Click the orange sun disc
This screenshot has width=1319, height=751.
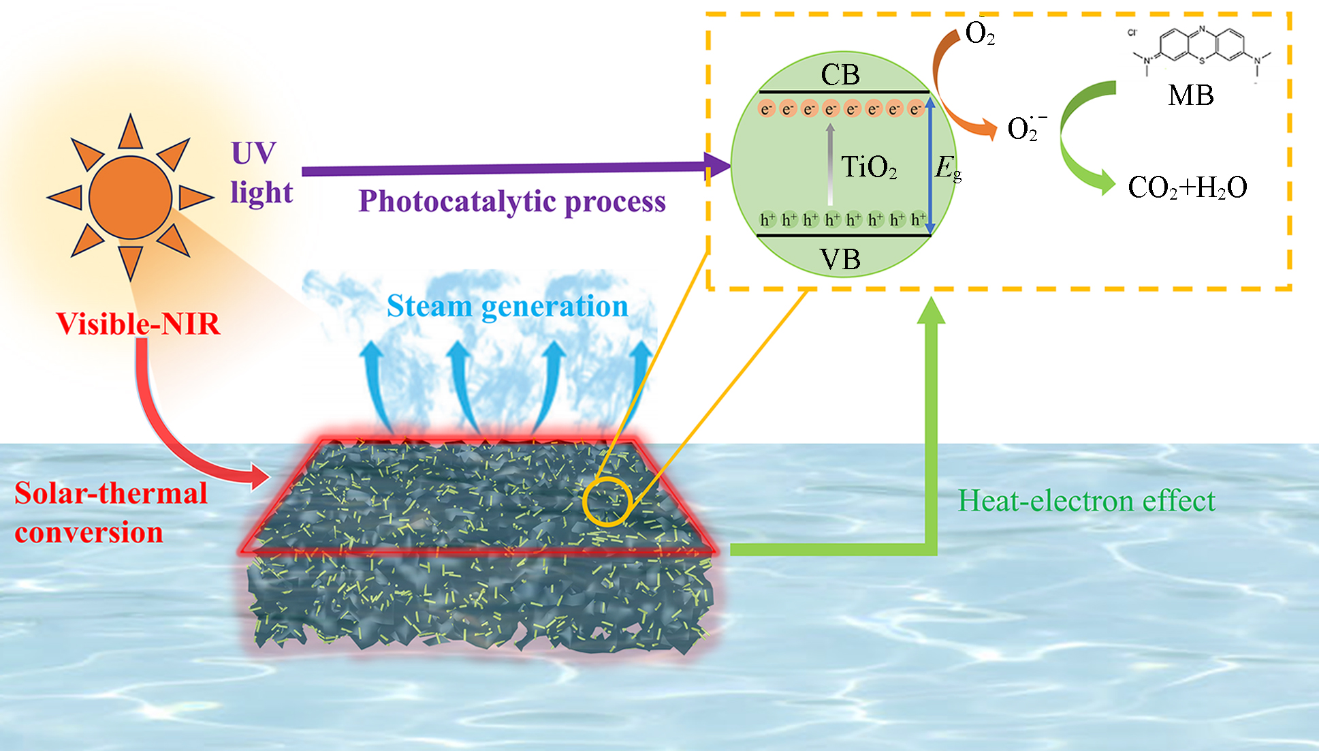130,197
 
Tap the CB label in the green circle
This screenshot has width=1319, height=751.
840,75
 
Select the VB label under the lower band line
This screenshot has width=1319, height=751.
840,260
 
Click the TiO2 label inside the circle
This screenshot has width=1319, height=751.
868,168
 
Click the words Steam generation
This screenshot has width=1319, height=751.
507,306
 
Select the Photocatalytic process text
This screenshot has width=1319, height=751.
512,202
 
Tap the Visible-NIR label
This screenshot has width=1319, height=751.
138,324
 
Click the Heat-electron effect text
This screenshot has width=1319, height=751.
1086,501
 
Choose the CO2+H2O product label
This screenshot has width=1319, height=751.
1187,187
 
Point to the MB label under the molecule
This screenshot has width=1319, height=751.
1191,95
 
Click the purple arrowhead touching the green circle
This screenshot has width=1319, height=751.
717,164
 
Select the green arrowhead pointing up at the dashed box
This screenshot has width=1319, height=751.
931,310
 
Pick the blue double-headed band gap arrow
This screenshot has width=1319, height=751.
930,164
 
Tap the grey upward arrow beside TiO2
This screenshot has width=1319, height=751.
829,164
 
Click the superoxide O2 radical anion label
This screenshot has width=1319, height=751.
1025,128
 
